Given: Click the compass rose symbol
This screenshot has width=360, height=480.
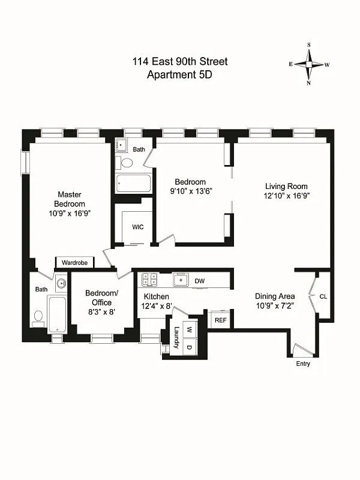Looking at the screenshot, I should coord(310,64).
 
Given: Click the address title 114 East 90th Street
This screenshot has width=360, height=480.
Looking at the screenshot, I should coord(180,62).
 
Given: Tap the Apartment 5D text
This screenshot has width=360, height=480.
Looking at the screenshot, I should coord(180,75).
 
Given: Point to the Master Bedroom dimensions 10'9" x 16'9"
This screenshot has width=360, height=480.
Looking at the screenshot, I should coord(70,213).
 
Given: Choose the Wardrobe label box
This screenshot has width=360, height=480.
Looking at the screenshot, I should coord(75,262).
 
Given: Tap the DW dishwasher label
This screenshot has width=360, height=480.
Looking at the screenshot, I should coord(200,280).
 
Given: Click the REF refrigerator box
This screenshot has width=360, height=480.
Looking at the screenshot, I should coord(220,320).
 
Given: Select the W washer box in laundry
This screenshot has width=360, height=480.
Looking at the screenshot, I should coord(189,329).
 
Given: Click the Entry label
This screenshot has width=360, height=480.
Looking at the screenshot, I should coord(303,364).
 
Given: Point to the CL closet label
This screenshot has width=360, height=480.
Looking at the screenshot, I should coord(323,296).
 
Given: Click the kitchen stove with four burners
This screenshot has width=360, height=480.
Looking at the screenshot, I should coord(148,280).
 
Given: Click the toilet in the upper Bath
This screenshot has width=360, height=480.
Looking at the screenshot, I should coord(127,163).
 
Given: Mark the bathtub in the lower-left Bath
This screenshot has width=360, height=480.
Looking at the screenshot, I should coord(57,314).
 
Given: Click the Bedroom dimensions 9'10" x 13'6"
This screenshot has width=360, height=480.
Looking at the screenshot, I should coord(190,191).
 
